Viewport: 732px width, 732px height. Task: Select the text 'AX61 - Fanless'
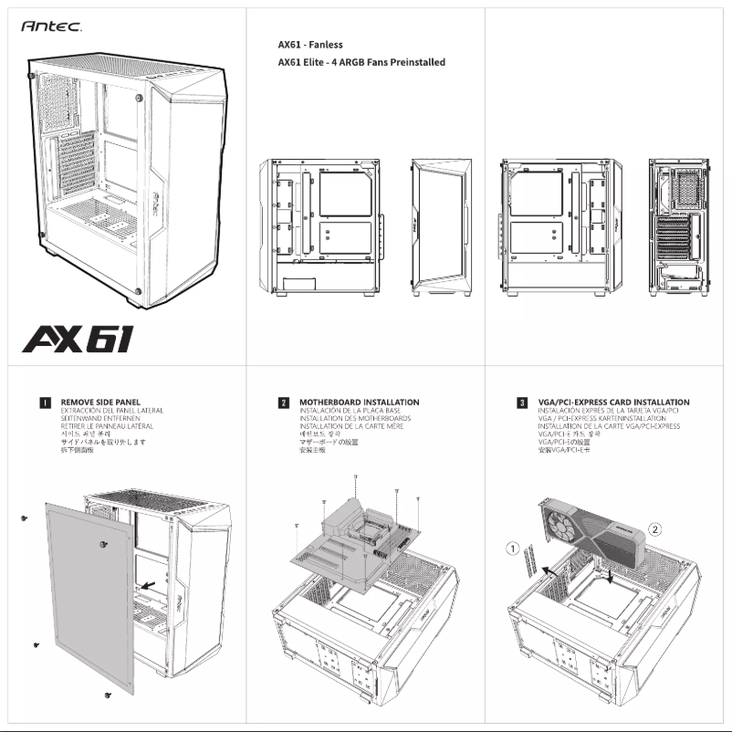pyautogui.click(x=310, y=44)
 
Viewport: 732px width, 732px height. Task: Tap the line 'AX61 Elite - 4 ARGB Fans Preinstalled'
pyautogui.click(x=361, y=63)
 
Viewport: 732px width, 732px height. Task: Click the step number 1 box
pyautogui.click(x=44, y=402)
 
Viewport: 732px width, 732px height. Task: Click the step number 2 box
pyautogui.click(x=284, y=402)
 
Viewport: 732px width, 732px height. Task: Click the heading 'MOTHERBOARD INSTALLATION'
pyautogui.click(x=359, y=402)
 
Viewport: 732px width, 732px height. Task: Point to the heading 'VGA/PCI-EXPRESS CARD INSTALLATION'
pyautogui.click(x=614, y=402)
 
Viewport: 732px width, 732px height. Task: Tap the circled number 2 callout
pyautogui.click(x=654, y=528)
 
